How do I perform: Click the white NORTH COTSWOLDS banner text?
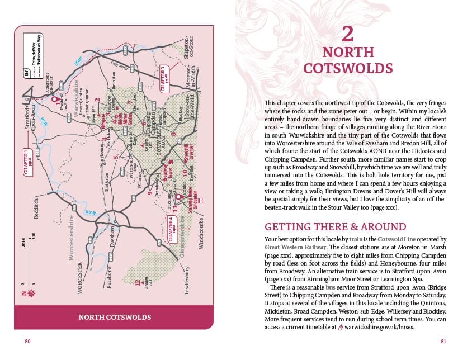115,318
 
